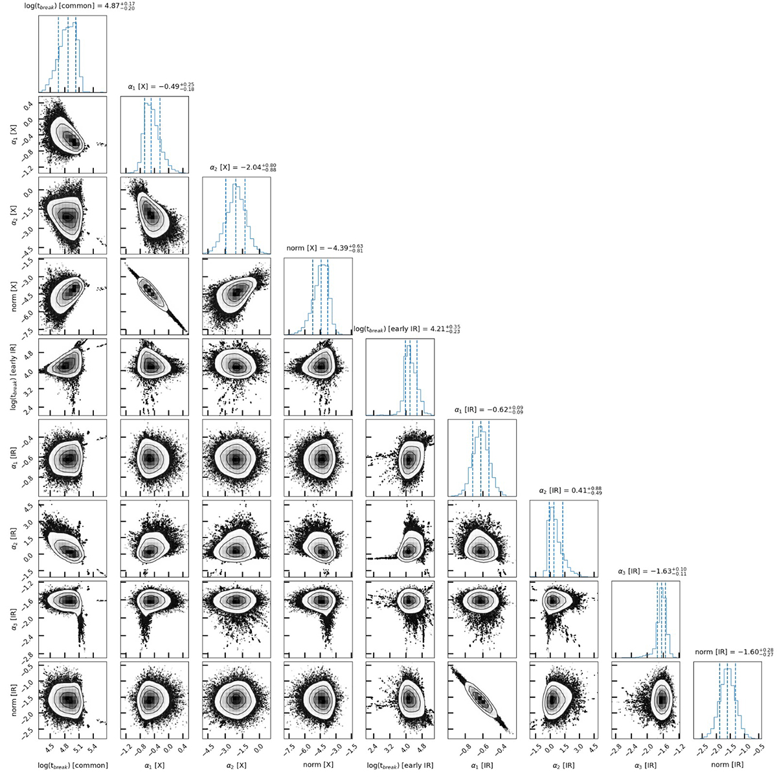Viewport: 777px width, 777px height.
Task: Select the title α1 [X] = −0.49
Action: [x=161, y=87]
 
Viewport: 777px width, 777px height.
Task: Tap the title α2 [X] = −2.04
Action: [x=243, y=167]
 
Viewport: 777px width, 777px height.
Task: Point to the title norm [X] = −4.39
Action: [x=324, y=248]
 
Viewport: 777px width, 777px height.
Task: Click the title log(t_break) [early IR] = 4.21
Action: [x=407, y=329]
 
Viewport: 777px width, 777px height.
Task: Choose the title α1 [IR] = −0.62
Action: [x=489, y=410]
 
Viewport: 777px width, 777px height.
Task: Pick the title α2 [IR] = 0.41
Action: [x=570, y=490]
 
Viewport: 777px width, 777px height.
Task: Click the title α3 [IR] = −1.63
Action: [x=652, y=571]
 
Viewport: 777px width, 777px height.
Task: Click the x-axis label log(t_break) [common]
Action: [x=73, y=765]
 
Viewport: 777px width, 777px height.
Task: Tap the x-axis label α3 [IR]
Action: [x=646, y=765]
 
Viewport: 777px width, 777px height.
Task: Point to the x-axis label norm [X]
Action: [x=318, y=765]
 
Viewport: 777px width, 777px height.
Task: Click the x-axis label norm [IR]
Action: [x=727, y=765]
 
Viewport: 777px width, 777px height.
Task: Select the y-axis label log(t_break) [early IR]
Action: [x=14, y=377]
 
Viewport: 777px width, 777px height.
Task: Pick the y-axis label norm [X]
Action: [x=14, y=297]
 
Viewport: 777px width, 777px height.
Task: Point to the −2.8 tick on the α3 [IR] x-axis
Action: [x=618, y=750]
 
